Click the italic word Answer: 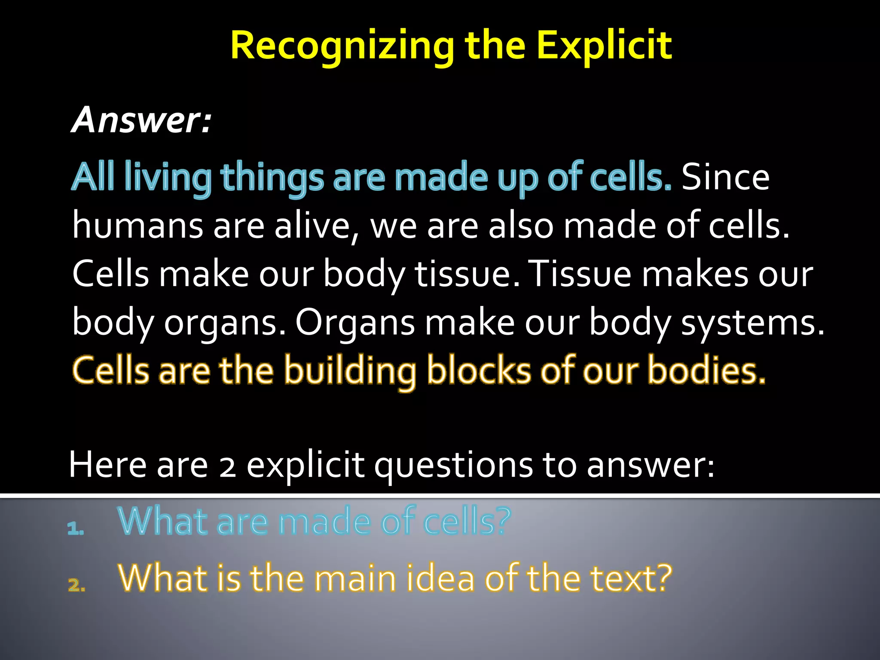[x=142, y=120]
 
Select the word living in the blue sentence [x=168, y=177]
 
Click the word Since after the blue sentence [x=725, y=177]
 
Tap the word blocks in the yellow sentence [x=479, y=370]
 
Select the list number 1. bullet [x=76, y=529]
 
